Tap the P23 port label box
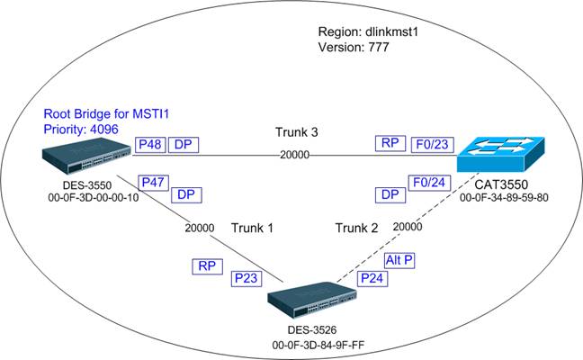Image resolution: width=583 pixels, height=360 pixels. click(246, 279)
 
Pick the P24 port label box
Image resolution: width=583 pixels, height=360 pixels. click(370, 279)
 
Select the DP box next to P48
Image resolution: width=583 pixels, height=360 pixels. click(183, 144)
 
